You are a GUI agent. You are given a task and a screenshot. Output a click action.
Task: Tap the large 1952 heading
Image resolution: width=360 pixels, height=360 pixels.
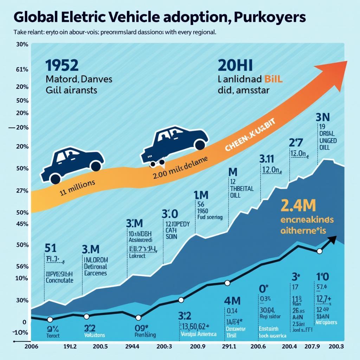[62, 65]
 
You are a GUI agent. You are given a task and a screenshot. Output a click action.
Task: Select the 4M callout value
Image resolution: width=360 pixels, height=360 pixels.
[232, 301]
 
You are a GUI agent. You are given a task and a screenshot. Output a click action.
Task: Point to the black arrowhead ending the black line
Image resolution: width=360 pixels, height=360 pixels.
[333, 240]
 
